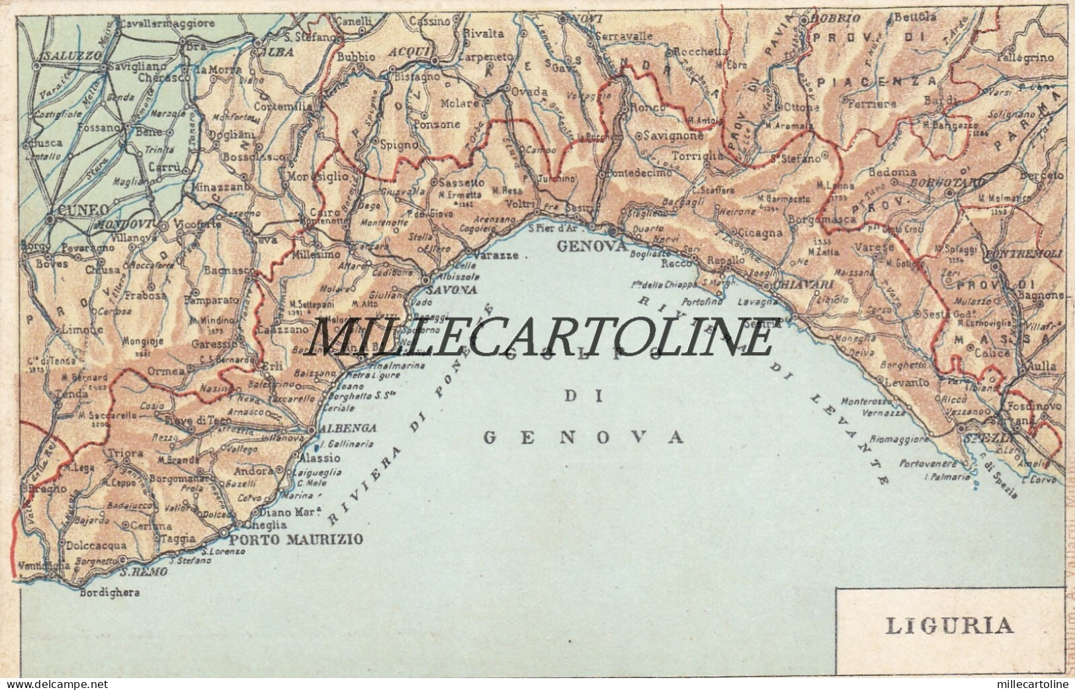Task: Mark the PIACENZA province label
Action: (x=885, y=81)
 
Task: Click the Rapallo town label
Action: (x=726, y=260)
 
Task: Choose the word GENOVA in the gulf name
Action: (x=583, y=437)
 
